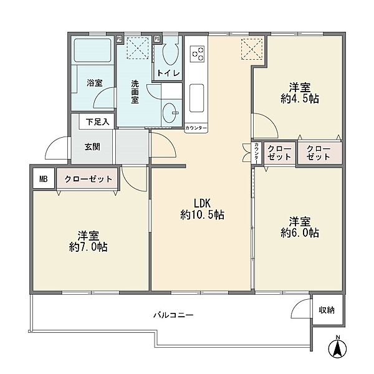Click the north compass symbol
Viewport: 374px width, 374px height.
coord(337,347)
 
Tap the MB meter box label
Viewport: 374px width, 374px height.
coord(44,179)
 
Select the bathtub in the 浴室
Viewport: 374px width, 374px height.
coord(92,50)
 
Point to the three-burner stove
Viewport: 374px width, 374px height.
coord(197,54)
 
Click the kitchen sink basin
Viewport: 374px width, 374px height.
coord(197,98)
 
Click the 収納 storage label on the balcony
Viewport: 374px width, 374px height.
coord(327,310)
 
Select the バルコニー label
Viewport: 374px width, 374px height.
coord(173,315)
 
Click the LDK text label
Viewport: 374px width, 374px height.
coord(202,203)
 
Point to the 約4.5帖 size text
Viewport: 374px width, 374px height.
coord(300,98)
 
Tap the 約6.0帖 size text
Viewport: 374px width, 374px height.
coord(300,233)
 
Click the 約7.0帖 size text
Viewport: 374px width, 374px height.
coord(89,247)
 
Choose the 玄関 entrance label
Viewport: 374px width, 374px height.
coord(92,146)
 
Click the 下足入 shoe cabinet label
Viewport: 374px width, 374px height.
coord(98,122)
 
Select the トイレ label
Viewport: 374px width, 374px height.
coord(168,73)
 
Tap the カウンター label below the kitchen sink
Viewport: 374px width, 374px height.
coord(196,128)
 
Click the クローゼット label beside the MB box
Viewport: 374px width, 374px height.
coord(89,179)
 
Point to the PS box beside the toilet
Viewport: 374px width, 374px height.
coord(157,39)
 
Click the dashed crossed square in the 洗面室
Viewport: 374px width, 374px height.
coord(138,48)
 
